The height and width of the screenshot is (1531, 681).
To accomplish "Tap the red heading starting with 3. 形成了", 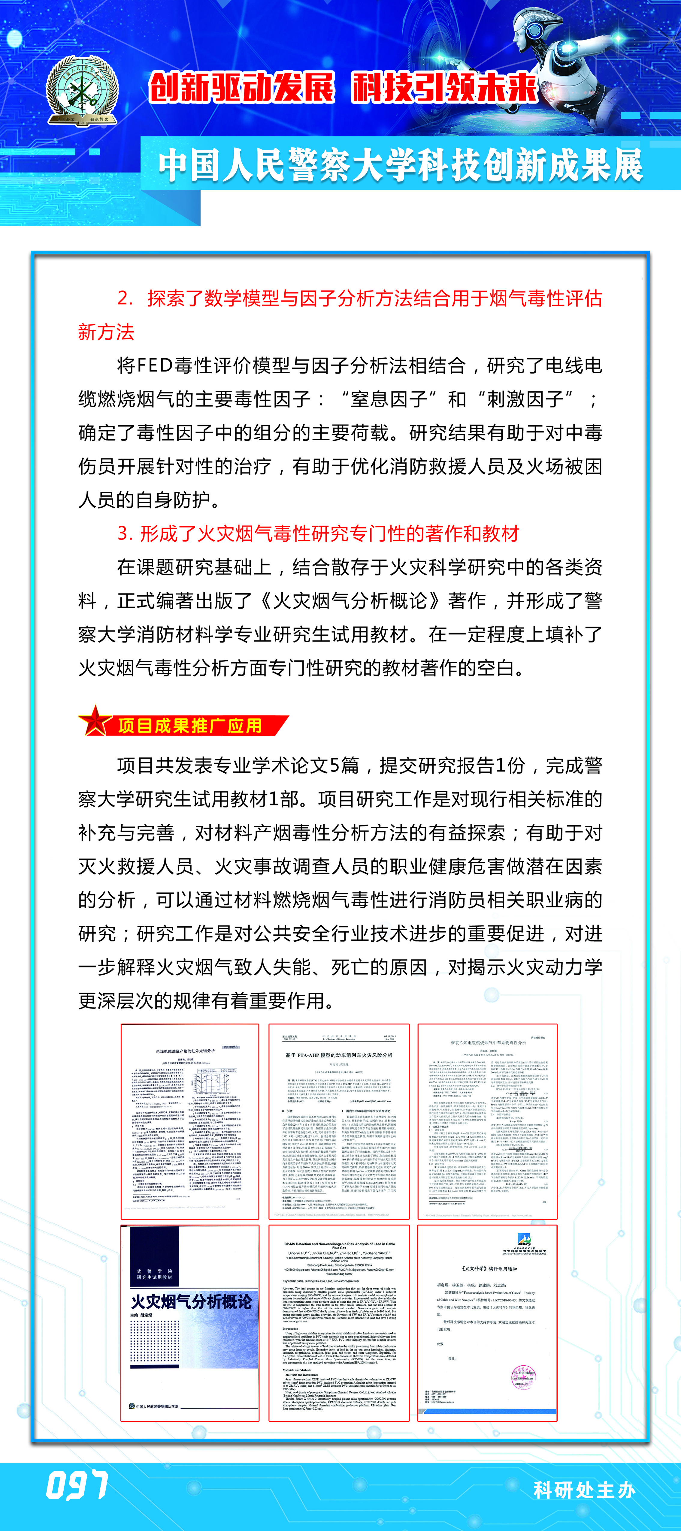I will tap(318, 534).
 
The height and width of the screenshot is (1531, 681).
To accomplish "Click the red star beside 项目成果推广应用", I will tap(95, 721).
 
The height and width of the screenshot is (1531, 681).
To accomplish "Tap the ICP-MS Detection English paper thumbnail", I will tap(338, 1322).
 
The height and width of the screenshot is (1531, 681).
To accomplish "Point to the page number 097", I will tap(77, 1485).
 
